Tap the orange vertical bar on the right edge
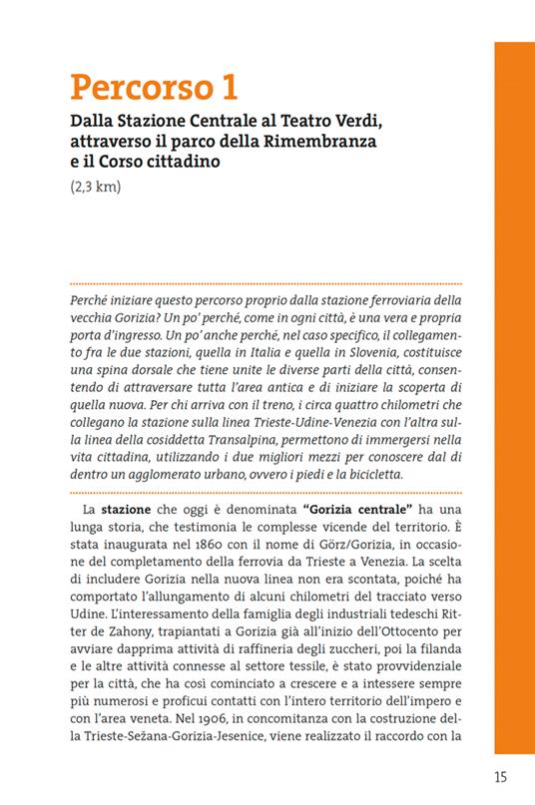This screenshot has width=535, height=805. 514,399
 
